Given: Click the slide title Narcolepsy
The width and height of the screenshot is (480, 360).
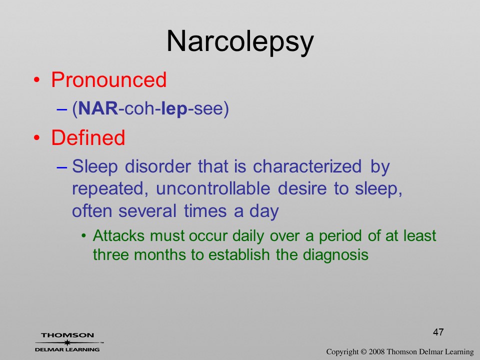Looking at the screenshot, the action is tap(240, 42).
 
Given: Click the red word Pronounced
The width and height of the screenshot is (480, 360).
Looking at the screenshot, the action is tap(108, 79).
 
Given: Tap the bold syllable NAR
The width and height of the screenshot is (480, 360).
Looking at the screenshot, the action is tap(98, 108).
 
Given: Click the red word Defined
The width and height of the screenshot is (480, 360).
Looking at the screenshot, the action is tap(88, 137).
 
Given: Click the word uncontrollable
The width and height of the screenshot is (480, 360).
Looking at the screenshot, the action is tap(213, 188).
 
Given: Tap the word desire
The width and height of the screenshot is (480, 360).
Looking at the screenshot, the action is tap(302, 188).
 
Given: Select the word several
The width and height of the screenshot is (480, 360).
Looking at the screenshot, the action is tap(147, 211).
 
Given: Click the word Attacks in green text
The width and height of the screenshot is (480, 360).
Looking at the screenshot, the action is tap(118, 235).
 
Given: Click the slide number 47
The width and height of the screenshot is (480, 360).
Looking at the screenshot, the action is tap(438, 332).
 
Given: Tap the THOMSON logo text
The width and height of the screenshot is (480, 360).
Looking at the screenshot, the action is tap(67, 335).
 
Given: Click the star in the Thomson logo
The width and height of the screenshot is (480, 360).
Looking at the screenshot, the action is tap(67, 342).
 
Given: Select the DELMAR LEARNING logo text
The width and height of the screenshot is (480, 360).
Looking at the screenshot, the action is tap(67, 349).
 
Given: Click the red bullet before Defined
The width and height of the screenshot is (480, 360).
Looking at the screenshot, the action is tap(36, 138).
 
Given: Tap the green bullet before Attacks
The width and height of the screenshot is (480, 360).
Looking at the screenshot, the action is tap(83, 236).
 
